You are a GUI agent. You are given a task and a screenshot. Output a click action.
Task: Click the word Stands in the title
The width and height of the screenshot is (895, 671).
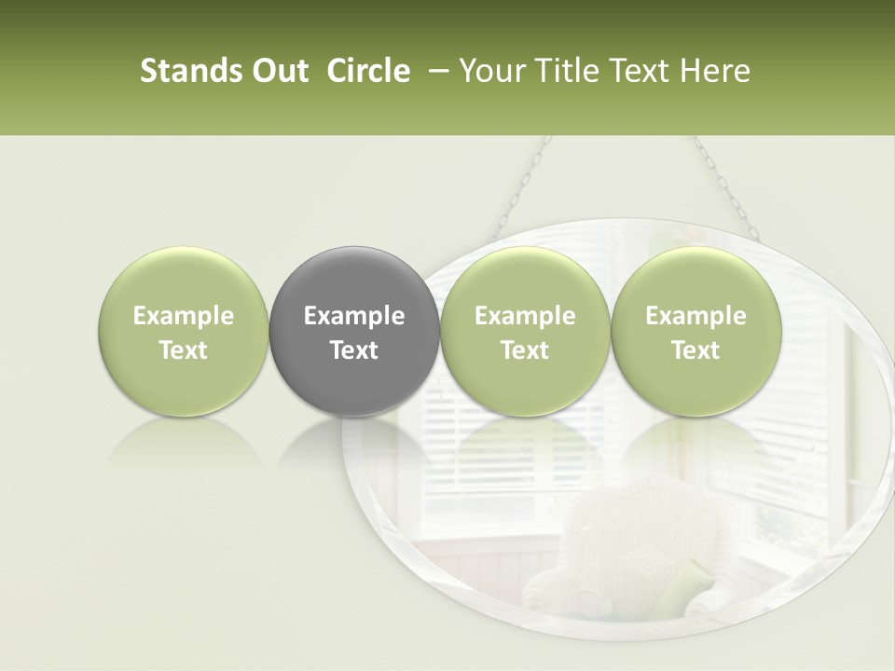point(183,71)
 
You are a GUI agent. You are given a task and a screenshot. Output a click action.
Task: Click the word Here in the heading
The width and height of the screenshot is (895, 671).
point(715,71)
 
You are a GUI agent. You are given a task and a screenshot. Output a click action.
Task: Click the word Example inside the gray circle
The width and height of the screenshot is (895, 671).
point(354,316)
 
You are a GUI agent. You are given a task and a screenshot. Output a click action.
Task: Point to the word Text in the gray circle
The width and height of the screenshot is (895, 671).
point(354,350)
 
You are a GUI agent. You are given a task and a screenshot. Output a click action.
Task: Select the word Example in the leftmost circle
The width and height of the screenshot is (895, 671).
point(184,316)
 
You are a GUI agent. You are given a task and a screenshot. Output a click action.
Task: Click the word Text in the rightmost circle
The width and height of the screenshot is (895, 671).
point(695,350)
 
